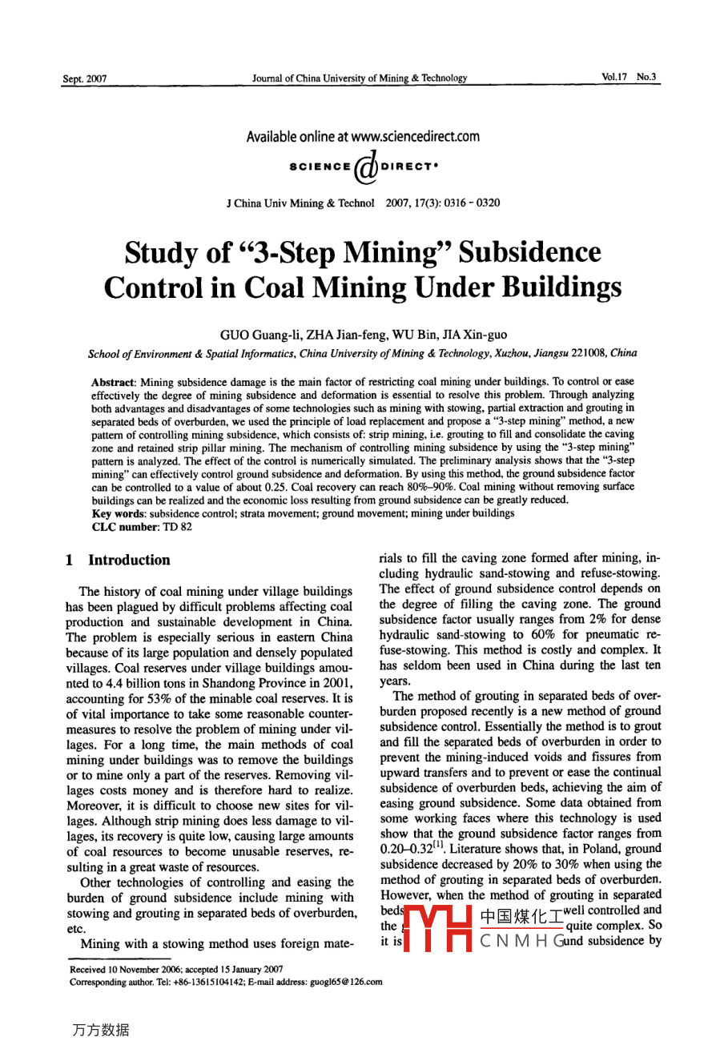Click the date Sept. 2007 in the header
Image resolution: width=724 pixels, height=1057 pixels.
point(84,78)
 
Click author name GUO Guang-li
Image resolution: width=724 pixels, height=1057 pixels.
point(256,335)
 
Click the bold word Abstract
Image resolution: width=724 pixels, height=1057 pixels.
point(114,382)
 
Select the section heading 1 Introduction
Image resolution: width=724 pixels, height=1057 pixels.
point(119,561)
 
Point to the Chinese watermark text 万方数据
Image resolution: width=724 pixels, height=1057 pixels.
point(100,1030)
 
